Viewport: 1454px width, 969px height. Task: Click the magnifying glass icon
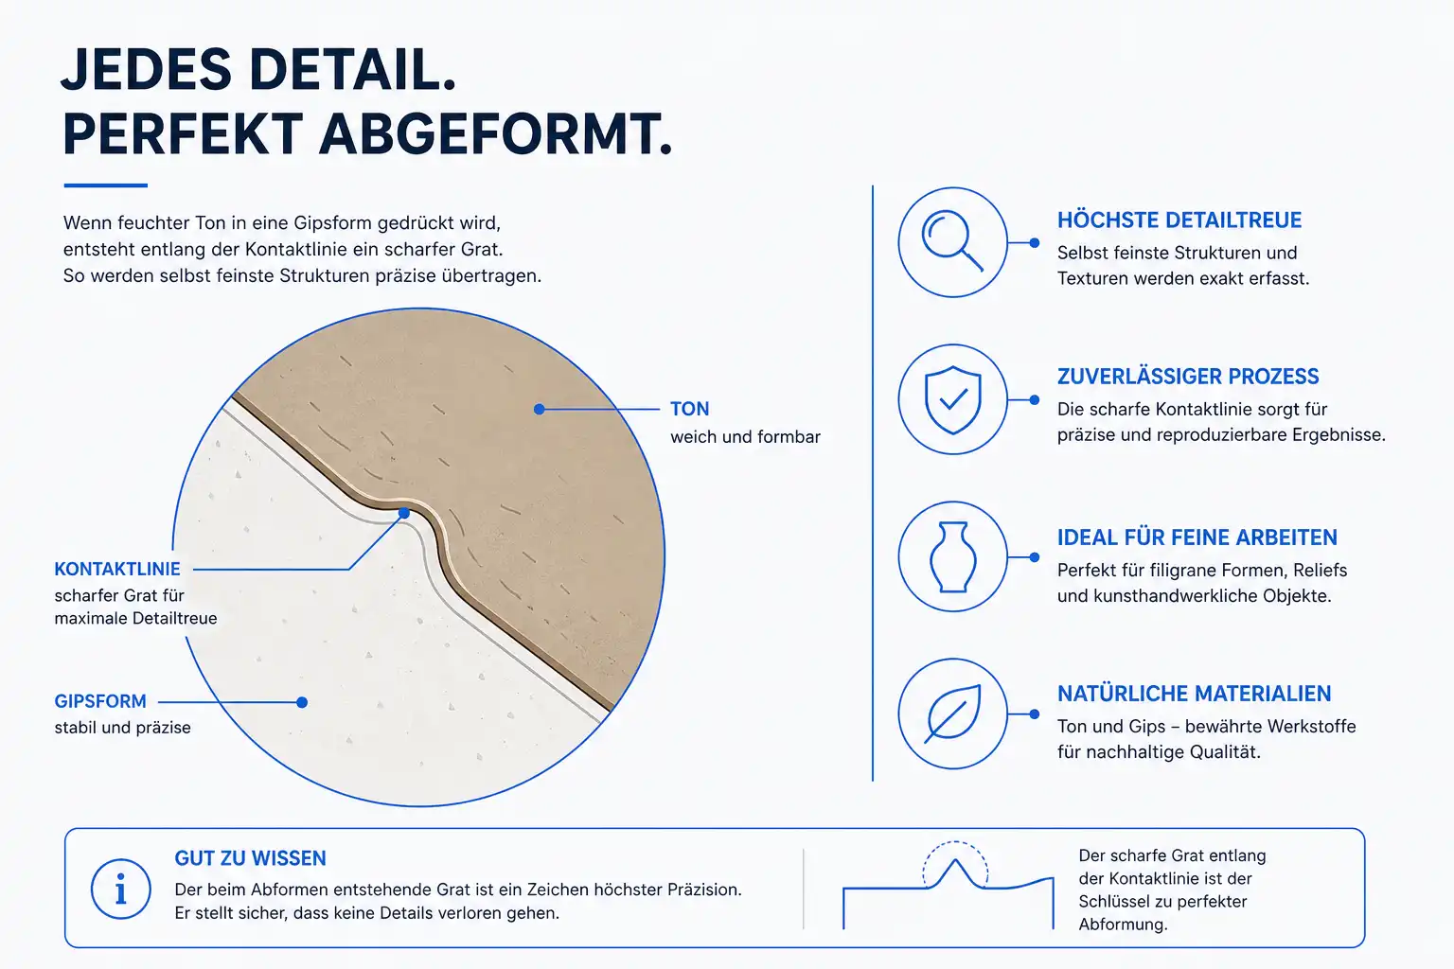[951, 240]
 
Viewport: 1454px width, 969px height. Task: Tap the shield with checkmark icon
[952, 399]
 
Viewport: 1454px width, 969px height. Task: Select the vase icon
[953, 556]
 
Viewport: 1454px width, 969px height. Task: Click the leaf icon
[952, 714]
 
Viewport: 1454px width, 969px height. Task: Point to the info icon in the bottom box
[121, 889]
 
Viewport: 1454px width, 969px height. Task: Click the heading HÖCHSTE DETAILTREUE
[1179, 220]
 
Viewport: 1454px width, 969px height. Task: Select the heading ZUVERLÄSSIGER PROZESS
[1188, 377]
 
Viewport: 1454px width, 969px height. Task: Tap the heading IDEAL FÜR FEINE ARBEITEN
[1197, 537]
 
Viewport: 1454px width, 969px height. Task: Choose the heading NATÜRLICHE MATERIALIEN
[1194, 694]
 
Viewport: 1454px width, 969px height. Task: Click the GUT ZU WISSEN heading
[250, 858]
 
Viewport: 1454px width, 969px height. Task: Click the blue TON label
[689, 409]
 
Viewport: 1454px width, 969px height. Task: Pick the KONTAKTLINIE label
[116, 570]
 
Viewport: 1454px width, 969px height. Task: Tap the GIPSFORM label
[100, 701]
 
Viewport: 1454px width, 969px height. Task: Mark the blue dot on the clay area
[539, 409]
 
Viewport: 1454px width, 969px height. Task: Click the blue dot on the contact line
[404, 514]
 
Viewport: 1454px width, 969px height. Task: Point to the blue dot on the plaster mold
[302, 702]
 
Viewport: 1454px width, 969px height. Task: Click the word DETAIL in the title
[352, 69]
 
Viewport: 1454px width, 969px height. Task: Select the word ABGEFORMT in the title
[495, 134]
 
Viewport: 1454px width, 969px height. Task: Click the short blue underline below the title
[106, 185]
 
